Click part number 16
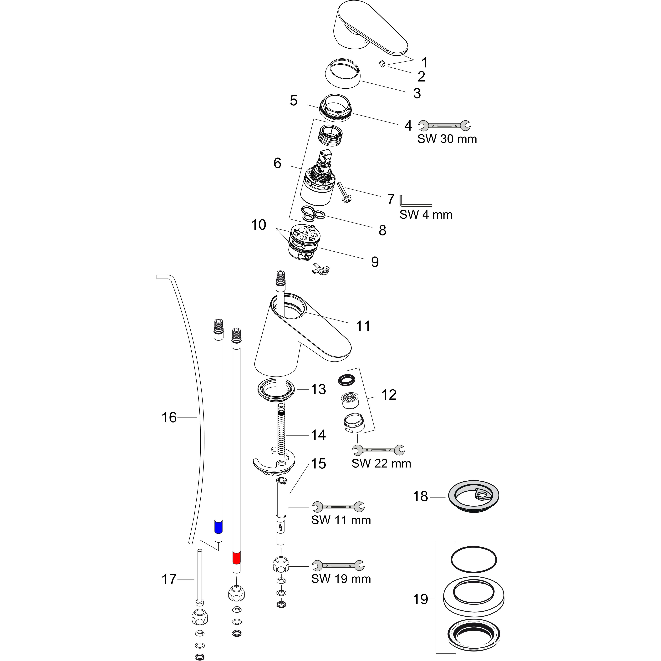[x=169, y=417]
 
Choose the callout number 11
[x=363, y=326]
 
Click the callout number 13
[x=318, y=389]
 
